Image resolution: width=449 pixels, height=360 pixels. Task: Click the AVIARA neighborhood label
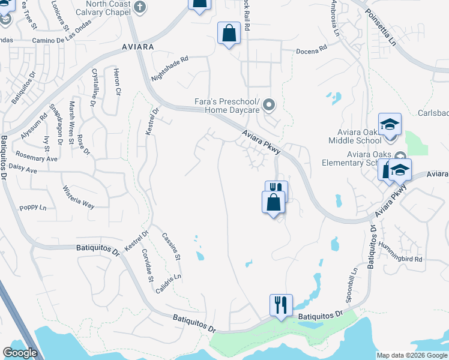[x=137, y=46]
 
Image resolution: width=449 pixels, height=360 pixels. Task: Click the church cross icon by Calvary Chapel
[x=139, y=8]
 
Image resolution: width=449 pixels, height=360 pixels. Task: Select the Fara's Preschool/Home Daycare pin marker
[x=269, y=106]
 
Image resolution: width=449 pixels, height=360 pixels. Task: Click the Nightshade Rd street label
[x=170, y=68]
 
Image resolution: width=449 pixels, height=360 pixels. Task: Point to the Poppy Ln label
[x=33, y=208]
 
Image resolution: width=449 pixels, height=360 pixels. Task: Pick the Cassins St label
[x=171, y=246]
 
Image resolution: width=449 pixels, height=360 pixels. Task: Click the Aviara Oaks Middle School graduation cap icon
[x=390, y=124]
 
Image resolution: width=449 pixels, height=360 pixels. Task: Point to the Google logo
[x=20, y=353]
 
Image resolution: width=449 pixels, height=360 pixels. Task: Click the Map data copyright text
[x=411, y=355]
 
